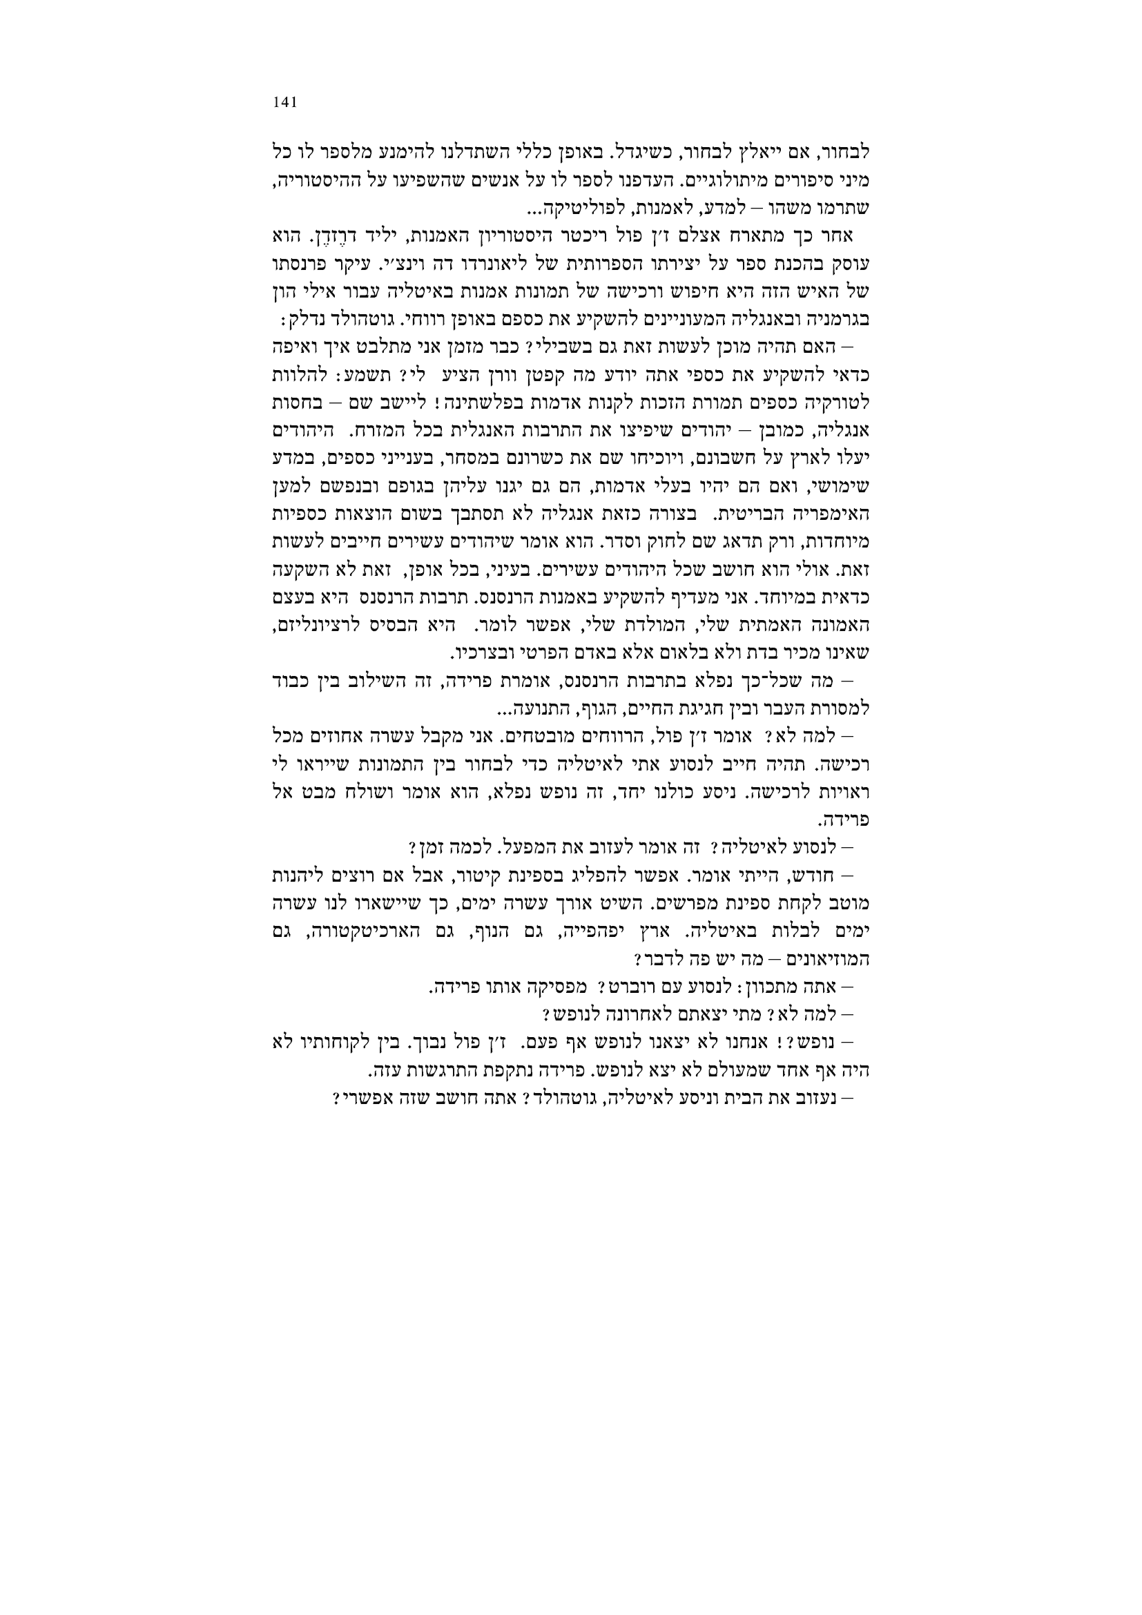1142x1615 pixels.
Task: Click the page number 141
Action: pos(284,102)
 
